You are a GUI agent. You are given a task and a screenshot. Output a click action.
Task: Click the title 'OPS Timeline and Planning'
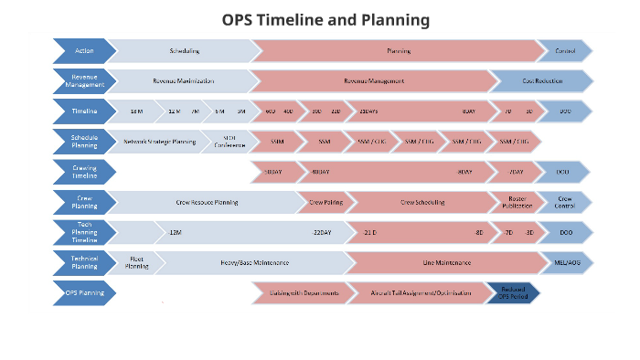(x=325, y=19)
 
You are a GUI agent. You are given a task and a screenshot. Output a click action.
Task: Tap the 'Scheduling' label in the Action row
(x=184, y=51)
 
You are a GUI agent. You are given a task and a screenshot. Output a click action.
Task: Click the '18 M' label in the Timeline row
(x=136, y=111)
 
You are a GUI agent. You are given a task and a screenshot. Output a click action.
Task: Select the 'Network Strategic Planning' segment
(x=159, y=142)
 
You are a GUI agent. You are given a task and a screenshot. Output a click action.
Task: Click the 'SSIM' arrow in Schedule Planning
(x=277, y=142)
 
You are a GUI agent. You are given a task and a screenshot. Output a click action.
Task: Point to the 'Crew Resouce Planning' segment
(x=207, y=202)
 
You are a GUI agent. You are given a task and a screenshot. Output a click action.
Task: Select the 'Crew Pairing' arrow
(x=325, y=202)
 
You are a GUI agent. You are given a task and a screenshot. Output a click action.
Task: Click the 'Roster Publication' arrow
(x=517, y=202)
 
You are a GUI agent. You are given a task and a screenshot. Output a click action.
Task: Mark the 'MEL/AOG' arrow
(x=565, y=263)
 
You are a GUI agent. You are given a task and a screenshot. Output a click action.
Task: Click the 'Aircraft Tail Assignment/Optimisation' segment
(x=421, y=293)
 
